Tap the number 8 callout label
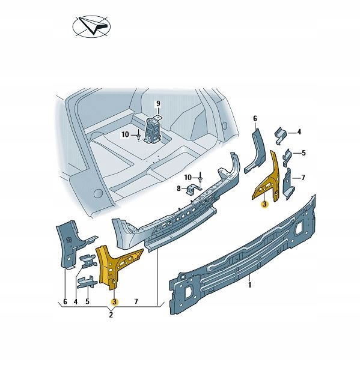178,189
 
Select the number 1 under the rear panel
249,286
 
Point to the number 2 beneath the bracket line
111,314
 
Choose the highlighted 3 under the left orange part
114,301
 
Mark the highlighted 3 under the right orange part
265,204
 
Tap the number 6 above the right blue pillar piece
254,118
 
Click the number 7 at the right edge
304,178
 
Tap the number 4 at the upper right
299,132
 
